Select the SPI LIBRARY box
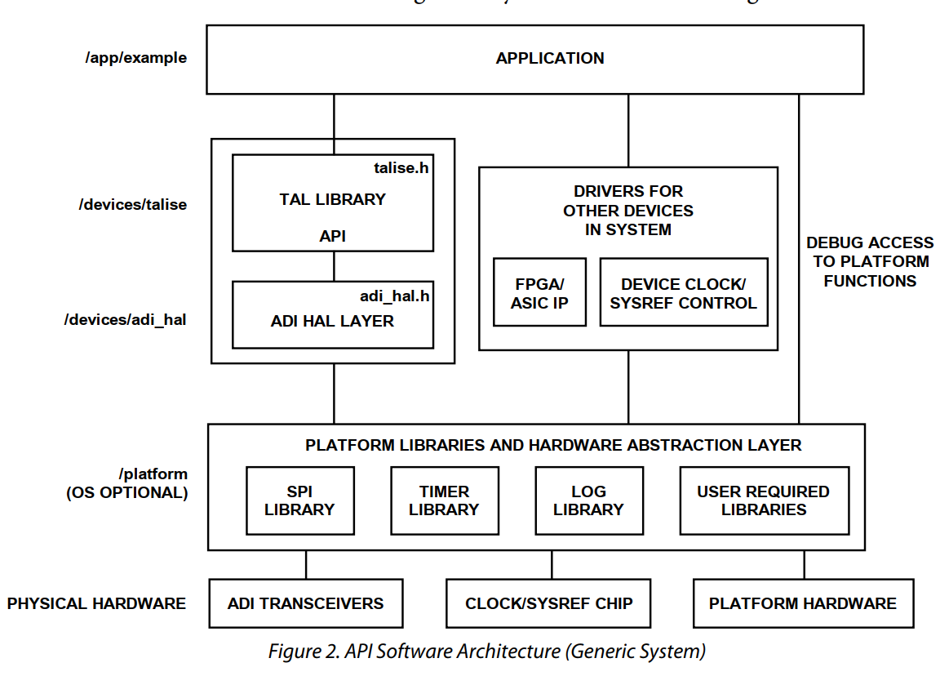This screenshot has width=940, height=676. [299, 501]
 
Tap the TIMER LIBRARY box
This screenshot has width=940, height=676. [444, 501]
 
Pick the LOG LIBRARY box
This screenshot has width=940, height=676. [588, 501]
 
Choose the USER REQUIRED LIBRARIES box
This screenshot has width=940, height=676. [763, 501]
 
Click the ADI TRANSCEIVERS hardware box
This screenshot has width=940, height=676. [305, 604]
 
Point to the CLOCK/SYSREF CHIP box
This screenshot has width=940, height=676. [548, 604]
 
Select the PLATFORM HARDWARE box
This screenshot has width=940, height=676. [802, 604]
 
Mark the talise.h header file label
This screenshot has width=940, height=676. [401, 167]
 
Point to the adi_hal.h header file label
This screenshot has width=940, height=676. [394, 296]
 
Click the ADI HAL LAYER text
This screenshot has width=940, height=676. [332, 322]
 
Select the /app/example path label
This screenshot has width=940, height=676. [135, 58]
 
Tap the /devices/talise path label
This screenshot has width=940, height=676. [132, 205]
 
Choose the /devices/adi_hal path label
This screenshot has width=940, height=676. [125, 319]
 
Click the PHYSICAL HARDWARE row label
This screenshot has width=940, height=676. [96, 604]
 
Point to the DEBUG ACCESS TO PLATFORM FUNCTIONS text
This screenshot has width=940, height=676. [870, 262]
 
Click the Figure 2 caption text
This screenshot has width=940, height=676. [486, 652]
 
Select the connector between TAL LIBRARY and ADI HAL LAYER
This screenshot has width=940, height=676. [333, 266]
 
